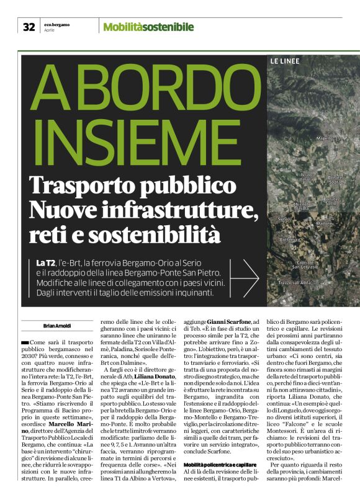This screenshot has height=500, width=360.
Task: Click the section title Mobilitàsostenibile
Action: tap(148, 27)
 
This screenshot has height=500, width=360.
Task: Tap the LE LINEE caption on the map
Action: tap(285, 61)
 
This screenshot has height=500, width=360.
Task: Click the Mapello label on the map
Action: tap(325, 138)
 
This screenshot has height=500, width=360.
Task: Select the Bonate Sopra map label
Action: tap(335, 180)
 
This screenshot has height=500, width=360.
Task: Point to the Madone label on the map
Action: tap(325, 223)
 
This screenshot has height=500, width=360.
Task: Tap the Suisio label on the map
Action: tap(284, 219)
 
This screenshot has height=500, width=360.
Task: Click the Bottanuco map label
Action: tap(290, 239)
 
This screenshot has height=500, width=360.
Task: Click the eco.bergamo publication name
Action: tap(56, 24)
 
